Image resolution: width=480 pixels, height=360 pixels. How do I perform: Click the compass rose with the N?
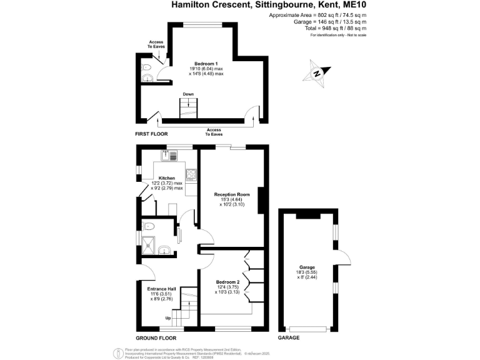(x=317, y=72)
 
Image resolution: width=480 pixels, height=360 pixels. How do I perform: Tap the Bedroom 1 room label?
(x=206, y=64)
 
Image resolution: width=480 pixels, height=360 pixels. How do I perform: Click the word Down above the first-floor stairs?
(x=188, y=95)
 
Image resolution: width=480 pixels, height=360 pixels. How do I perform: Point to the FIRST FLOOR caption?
(x=151, y=134)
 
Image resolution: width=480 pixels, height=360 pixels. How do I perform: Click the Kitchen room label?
(x=166, y=178)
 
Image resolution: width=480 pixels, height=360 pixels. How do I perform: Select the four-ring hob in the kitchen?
(x=191, y=174)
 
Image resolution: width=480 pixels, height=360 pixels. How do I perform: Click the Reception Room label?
(x=230, y=194)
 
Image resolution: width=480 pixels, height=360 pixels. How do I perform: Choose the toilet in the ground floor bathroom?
(x=148, y=226)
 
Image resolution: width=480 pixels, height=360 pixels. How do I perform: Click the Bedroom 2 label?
(x=227, y=282)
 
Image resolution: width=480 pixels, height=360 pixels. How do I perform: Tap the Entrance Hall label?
(x=161, y=289)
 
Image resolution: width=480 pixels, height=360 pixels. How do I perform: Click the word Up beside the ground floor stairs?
(x=167, y=318)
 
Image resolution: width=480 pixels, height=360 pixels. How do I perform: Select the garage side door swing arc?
(x=344, y=259)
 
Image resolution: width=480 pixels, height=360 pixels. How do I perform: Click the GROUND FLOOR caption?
(x=153, y=337)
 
